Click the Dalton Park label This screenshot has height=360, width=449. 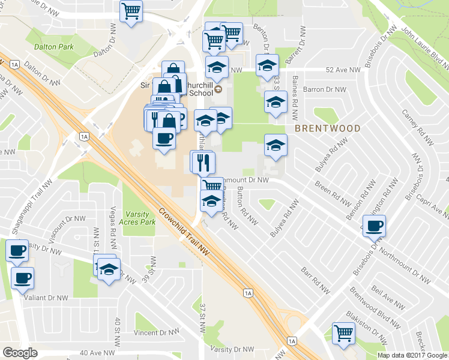click(54, 46)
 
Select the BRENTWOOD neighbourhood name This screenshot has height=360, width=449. click(327, 128)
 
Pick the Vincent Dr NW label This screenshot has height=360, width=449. click(157, 332)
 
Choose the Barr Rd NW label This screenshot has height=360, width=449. click(317, 280)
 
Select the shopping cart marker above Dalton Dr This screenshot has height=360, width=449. click(131, 11)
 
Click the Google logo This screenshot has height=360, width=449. click(20, 353)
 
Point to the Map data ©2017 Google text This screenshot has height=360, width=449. click(412, 355)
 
